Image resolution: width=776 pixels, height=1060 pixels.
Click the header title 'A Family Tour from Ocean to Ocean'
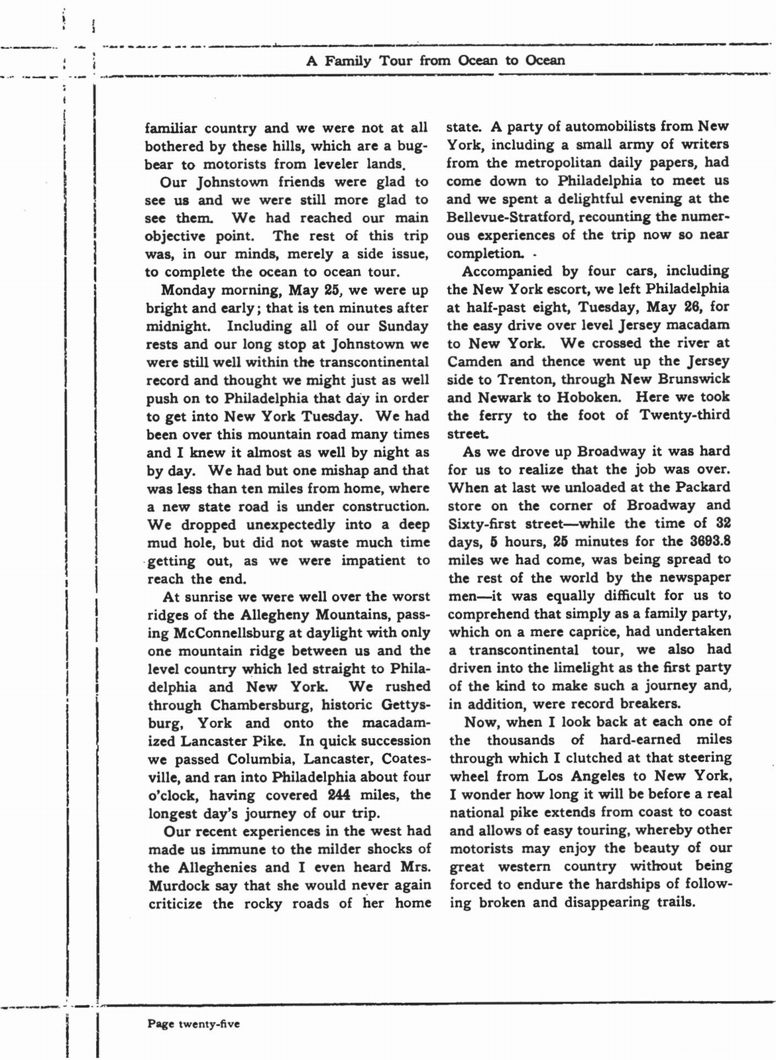tap(435, 60)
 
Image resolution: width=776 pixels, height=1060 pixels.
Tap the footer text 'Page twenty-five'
tap(194, 1024)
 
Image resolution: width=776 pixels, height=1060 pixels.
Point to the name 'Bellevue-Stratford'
tap(504, 217)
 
